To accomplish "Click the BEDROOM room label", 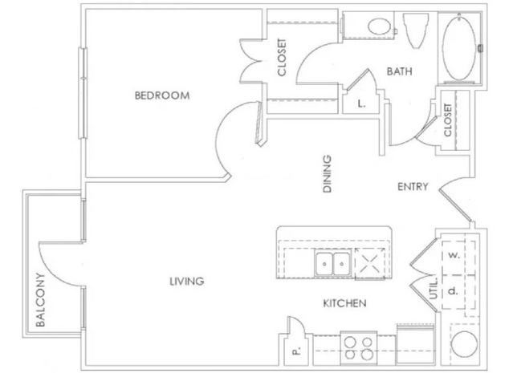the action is pyautogui.click(x=162, y=95).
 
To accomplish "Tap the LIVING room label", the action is pyautogui.click(x=187, y=281).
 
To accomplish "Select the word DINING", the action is pyautogui.click(x=328, y=173).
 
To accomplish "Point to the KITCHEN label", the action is pyautogui.click(x=345, y=303).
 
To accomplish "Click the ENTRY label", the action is pyautogui.click(x=413, y=187).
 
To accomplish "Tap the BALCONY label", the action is pyautogui.click(x=40, y=300).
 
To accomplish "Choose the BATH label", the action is pyautogui.click(x=400, y=71).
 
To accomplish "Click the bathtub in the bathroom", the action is pyautogui.click(x=459, y=48).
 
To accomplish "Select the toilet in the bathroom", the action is pyautogui.click(x=416, y=30).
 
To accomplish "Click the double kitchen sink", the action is pyautogui.click(x=332, y=263).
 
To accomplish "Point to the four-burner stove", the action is pyautogui.click(x=359, y=348).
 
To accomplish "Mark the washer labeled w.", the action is pyautogui.click(x=454, y=256).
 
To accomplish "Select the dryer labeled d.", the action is pyautogui.click(x=453, y=292).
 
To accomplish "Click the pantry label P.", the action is pyautogui.click(x=296, y=352).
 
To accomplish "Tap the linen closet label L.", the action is pyautogui.click(x=361, y=104).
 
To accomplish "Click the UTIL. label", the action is pyautogui.click(x=434, y=288).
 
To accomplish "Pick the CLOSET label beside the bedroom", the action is pyautogui.click(x=281, y=58).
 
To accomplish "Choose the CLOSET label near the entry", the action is pyautogui.click(x=447, y=120).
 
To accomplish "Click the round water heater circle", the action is pyautogui.click(x=464, y=344).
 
